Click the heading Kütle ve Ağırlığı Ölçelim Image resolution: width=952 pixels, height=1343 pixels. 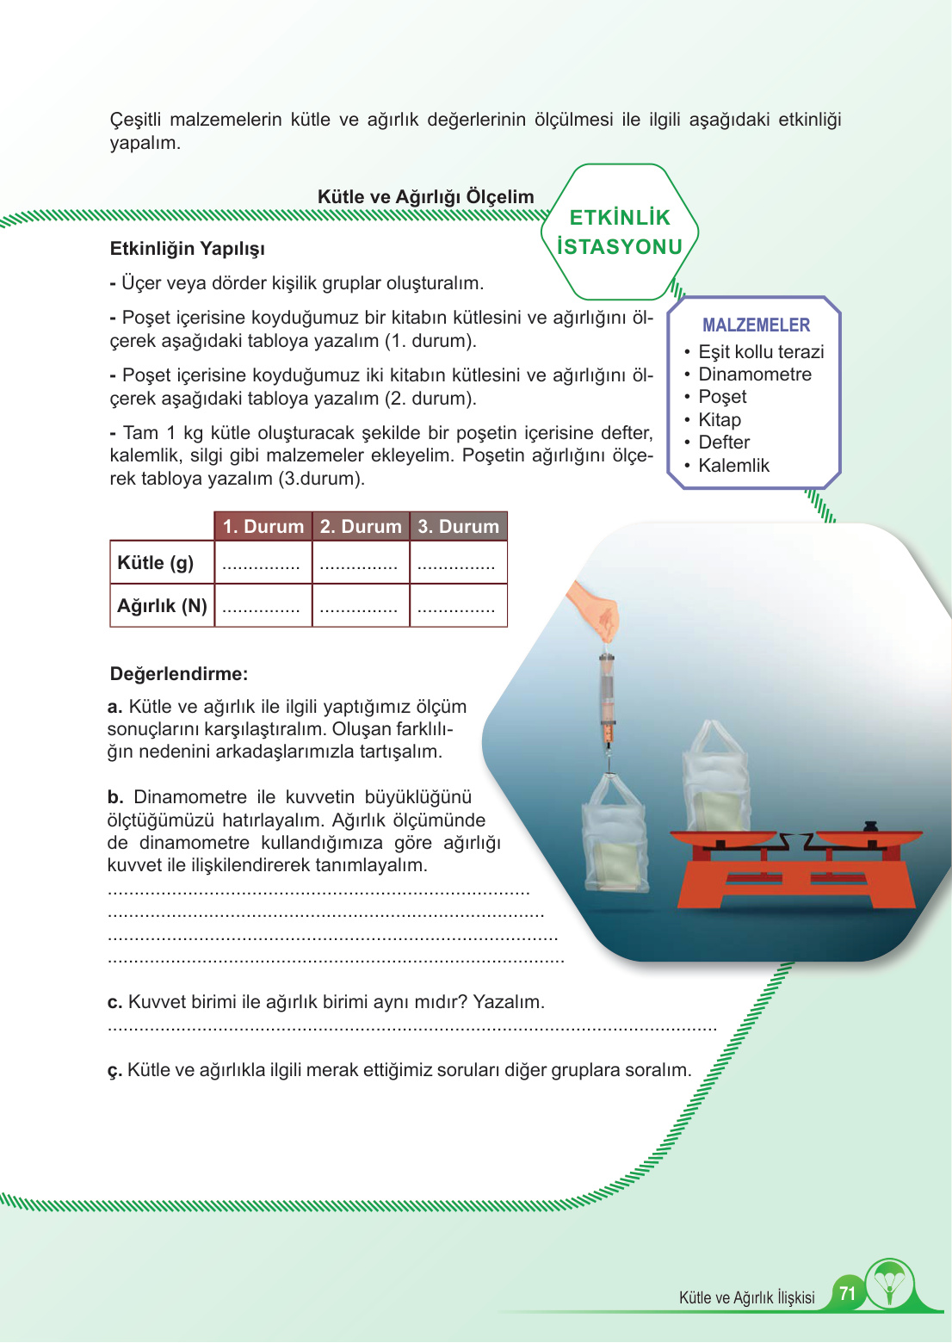(x=425, y=196)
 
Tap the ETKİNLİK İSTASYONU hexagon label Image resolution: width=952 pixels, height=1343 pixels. (x=620, y=232)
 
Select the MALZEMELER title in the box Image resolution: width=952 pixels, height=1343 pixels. (x=756, y=325)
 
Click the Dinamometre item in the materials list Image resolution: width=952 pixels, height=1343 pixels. (x=754, y=374)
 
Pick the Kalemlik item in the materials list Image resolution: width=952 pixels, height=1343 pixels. (x=733, y=466)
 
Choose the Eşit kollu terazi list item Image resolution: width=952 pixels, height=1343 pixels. (x=760, y=352)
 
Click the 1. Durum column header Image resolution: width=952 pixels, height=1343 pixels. (x=263, y=526)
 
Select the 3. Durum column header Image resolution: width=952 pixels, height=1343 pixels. (x=458, y=526)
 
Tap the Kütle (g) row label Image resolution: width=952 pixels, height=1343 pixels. (x=156, y=563)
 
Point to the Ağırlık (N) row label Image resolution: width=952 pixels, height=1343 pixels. (x=162, y=606)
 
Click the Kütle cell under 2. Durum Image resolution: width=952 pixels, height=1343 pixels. (x=360, y=563)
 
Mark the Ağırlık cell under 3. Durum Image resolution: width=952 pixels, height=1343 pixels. (x=458, y=606)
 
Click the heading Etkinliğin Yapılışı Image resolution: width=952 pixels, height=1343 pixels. (x=187, y=249)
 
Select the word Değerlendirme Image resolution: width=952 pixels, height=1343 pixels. (x=178, y=674)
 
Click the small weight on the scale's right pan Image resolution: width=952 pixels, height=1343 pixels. (x=869, y=826)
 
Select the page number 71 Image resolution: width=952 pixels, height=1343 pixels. (x=847, y=1293)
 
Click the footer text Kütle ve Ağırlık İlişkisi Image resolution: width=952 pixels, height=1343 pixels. (x=746, y=1297)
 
